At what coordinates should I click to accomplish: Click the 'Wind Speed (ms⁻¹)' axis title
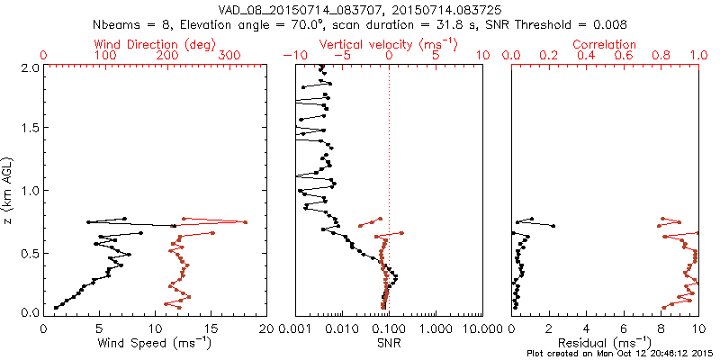click(155, 342)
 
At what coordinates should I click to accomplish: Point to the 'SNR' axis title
click(390, 342)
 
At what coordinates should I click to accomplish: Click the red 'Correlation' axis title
click(605, 44)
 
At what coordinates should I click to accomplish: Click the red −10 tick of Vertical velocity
click(292, 56)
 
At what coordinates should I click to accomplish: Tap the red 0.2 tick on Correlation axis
click(549, 56)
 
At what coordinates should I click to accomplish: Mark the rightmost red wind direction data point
click(245, 221)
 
